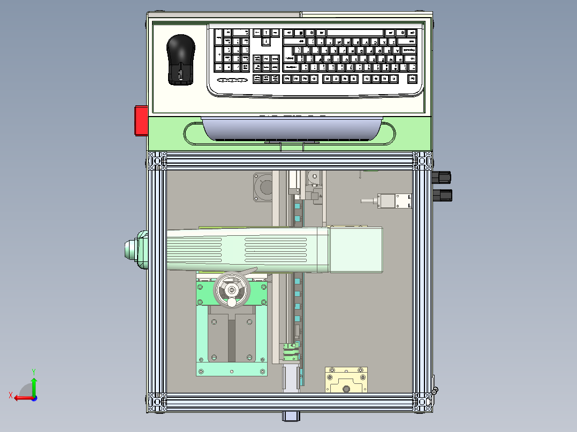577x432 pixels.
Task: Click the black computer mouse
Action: (180, 59)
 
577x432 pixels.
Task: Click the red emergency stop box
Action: (141, 120)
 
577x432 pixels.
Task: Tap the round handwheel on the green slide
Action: (232, 290)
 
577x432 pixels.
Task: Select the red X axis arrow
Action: (20, 398)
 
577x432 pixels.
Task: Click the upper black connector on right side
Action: (442, 177)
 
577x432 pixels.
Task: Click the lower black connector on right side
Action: (442, 195)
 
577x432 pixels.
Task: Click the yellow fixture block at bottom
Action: (347, 380)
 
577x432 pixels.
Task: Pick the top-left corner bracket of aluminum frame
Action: (156, 160)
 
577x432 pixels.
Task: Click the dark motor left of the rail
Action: (263, 188)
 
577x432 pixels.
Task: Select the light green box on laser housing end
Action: (356, 250)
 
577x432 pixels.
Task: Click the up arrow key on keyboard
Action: (266, 33)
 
